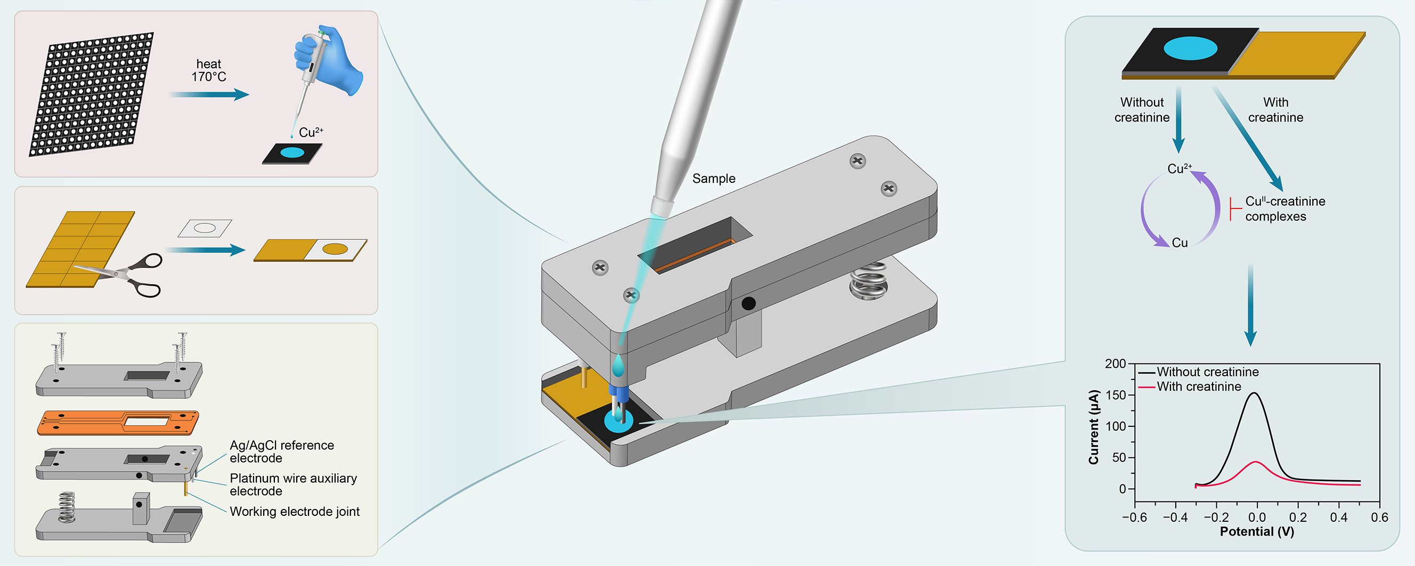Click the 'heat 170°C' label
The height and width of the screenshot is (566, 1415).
(x=209, y=70)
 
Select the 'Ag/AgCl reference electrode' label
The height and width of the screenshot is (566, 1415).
(x=281, y=452)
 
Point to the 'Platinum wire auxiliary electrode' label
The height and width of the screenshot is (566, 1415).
(x=293, y=484)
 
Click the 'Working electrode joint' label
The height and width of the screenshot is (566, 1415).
(x=295, y=512)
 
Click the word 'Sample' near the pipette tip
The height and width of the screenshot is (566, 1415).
(x=713, y=179)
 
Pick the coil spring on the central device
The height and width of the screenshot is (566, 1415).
(x=868, y=280)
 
